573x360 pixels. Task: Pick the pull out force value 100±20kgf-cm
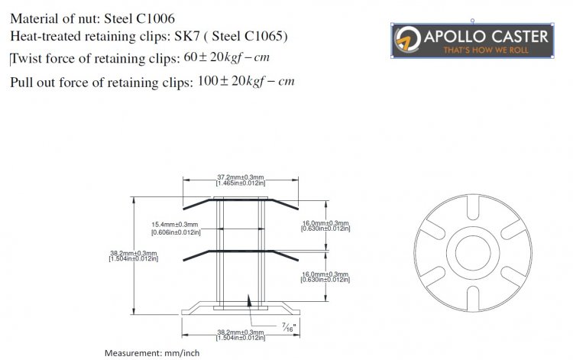tap(245, 81)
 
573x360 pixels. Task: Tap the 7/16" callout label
tap(290, 327)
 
